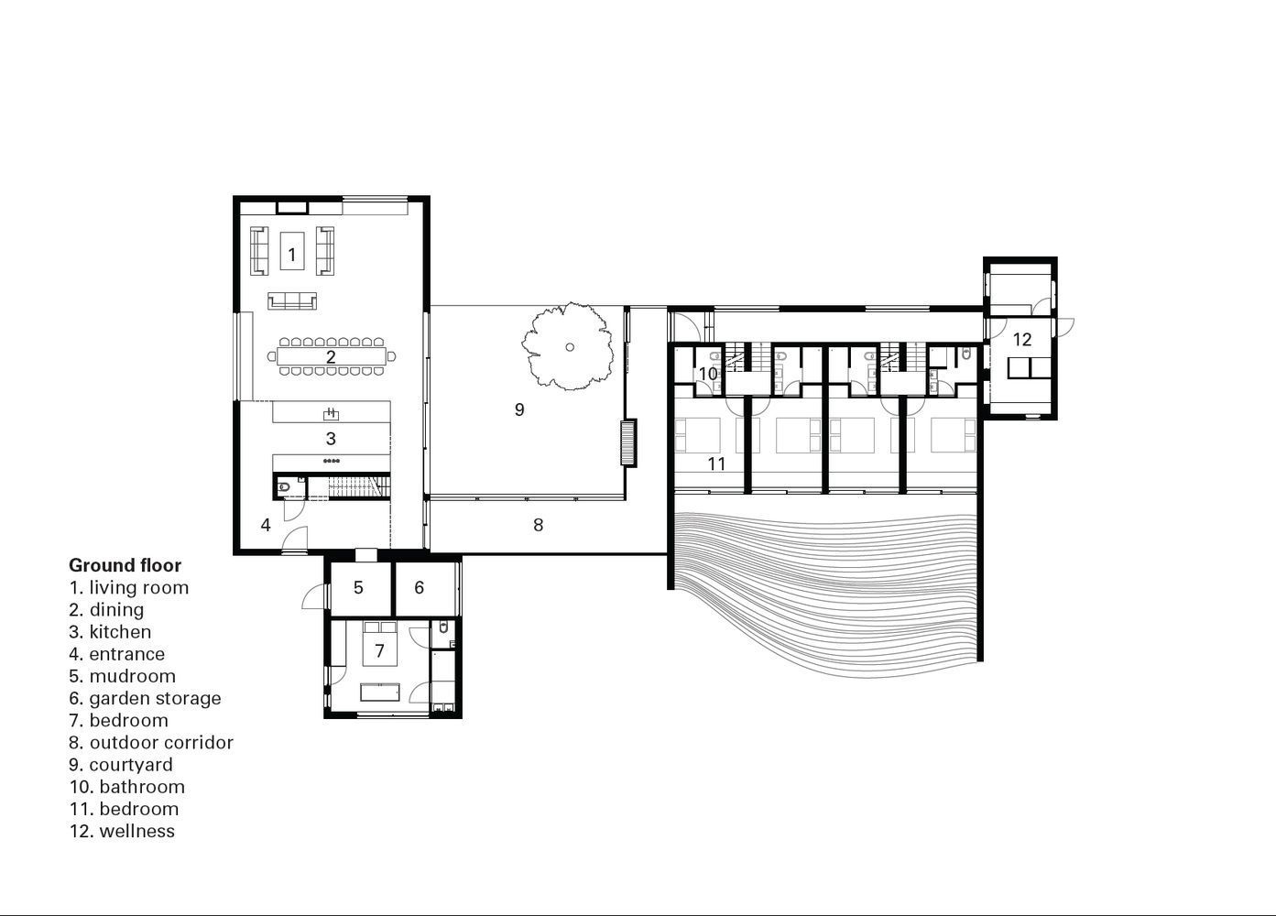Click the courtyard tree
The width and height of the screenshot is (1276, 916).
tap(569, 346)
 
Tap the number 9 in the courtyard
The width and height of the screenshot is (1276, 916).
tap(519, 409)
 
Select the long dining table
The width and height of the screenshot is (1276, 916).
tap(331, 357)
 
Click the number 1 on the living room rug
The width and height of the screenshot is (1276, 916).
tap(292, 255)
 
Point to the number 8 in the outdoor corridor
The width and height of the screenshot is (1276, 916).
tap(538, 525)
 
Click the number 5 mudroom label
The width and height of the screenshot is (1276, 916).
tap(358, 587)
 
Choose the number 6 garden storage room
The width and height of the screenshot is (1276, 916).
tap(420, 587)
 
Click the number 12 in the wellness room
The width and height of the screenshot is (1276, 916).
tap(1022, 340)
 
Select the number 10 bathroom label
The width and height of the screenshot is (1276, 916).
tap(708, 374)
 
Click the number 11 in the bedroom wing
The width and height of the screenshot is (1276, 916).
tap(716, 463)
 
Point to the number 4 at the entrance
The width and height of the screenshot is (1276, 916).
tap(266, 525)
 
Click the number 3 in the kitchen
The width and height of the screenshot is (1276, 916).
tap(331, 439)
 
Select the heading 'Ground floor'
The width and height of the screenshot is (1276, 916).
tap(125, 565)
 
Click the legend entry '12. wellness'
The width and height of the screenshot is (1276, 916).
tap(122, 831)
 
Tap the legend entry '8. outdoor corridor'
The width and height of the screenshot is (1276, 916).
tap(151, 742)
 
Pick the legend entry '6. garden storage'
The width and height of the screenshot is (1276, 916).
tap(145, 698)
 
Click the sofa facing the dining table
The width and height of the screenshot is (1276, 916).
tap(292, 300)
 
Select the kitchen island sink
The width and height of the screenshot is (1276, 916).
tap(331, 413)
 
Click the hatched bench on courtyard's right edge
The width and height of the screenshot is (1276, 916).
tap(627, 442)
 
